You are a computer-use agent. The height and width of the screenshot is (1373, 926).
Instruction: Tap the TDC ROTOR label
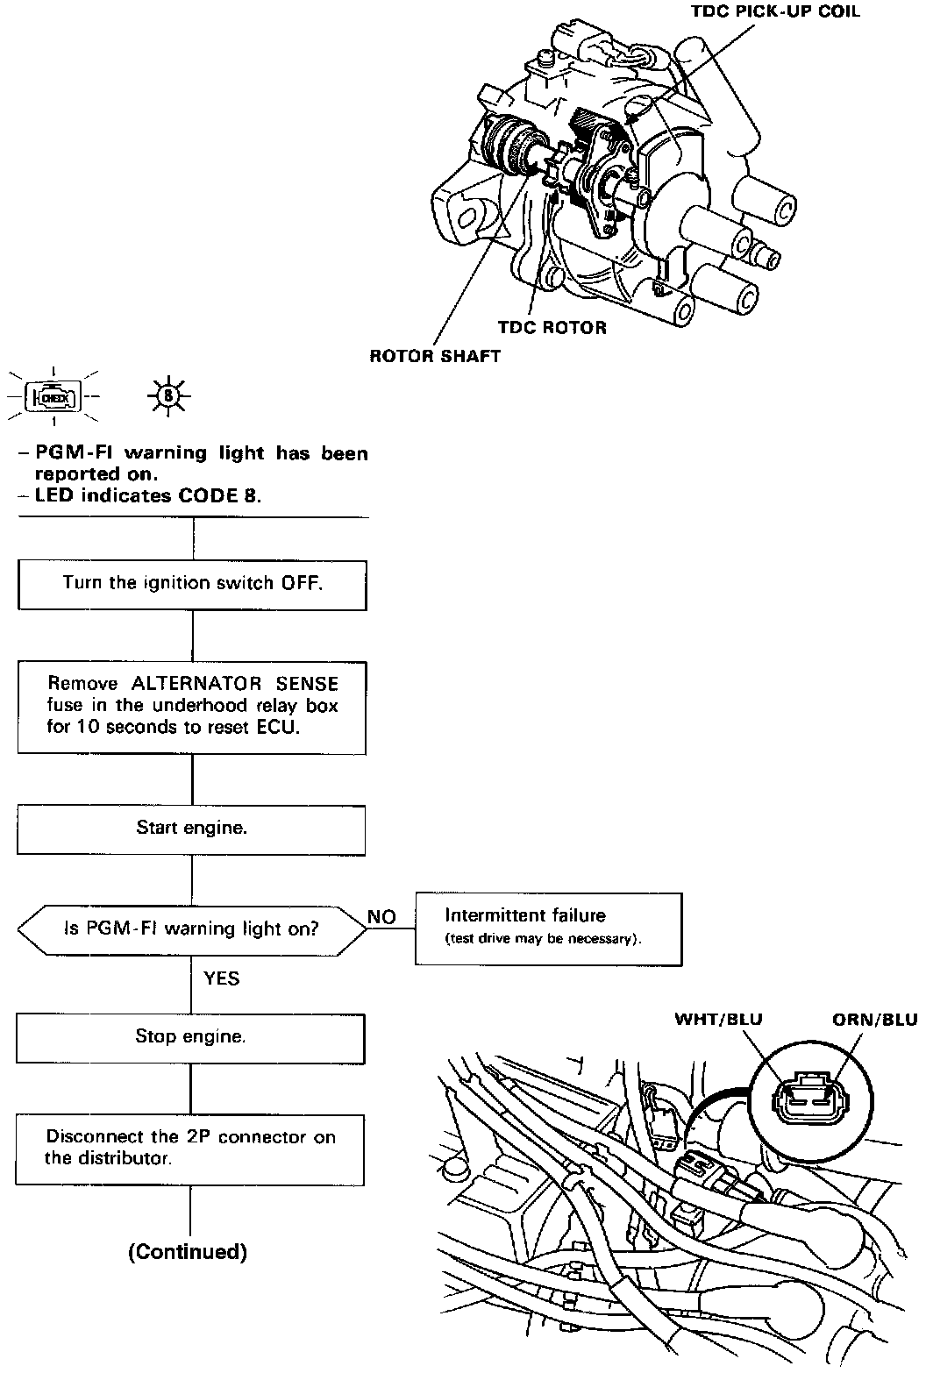(x=552, y=328)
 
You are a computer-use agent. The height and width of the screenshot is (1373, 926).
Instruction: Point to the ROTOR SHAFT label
(x=435, y=356)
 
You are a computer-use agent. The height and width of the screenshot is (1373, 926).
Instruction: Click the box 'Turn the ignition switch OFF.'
(x=192, y=583)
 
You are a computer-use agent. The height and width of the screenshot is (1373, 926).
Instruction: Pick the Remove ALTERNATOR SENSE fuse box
(x=192, y=706)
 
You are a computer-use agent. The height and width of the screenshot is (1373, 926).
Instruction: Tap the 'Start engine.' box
(x=191, y=828)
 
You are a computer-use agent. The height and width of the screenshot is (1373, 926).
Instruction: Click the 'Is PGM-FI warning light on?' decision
(x=191, y=928)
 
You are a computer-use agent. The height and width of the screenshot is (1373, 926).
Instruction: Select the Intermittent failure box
(x=548, y=928)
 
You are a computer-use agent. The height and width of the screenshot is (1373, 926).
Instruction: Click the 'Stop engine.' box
(x=190, y=1037)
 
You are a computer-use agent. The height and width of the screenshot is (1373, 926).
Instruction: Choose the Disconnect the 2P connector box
(x=190, y=1148)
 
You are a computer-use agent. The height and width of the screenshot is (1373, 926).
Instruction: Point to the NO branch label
(x=381, y=917)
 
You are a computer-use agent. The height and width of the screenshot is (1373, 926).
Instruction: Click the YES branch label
(x=221, y=978)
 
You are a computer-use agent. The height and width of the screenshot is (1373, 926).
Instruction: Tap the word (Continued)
(x=188, y=1252)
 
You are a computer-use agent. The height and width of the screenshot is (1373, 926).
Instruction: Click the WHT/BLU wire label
(x=718, y=1019)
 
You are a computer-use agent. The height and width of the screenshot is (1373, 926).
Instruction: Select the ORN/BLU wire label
(x=874, y=1019)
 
